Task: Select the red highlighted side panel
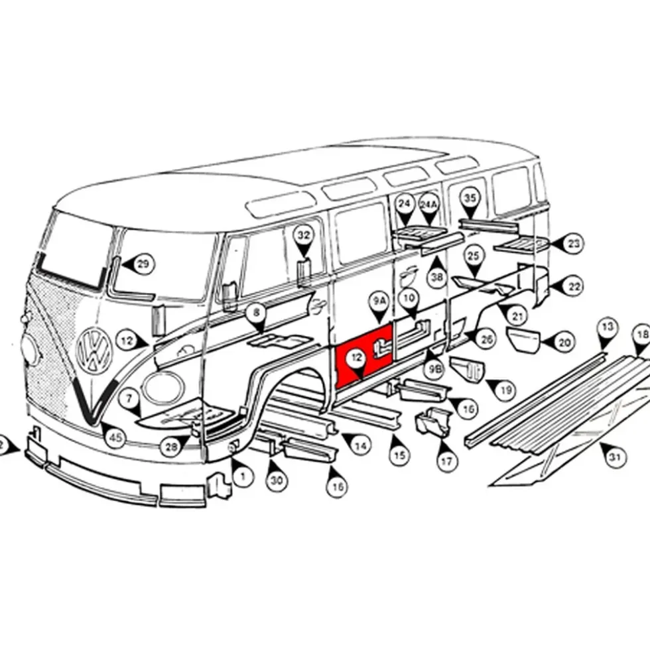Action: point(363,356)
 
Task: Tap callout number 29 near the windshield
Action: point(143,264)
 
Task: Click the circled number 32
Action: point(304,235)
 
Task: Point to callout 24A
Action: point(428,204)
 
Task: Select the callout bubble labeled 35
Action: point(470,198)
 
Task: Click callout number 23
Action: point(573,243)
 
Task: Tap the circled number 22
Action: point(574,286)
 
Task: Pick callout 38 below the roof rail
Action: point(438,276)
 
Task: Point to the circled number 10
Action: point(409,298)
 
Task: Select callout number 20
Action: point(564,343)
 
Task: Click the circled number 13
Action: point(608,327)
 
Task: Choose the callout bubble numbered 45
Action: point(115,437)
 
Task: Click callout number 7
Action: point(129,399)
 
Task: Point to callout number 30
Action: point(277,480)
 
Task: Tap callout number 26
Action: point(486,339)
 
